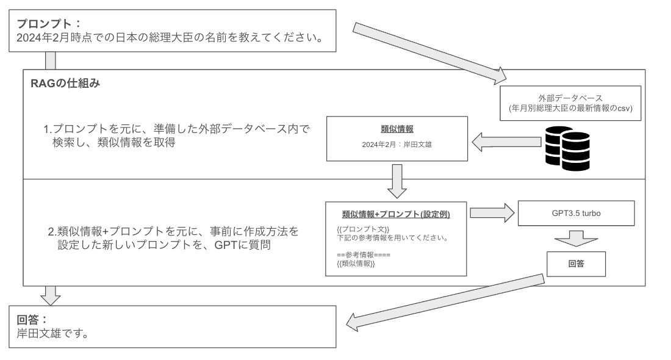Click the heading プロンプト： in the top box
[49, 24]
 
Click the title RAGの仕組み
[65, 83]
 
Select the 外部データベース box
[570, 103]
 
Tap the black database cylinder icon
[567, 148]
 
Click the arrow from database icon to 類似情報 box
[506, 142]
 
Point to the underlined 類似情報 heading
[397, 129]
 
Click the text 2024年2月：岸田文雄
[396, 145]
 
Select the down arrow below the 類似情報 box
[396, 181]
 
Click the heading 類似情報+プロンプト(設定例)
[396, 214]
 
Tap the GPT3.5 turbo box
[576, 213]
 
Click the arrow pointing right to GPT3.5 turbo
[492, 213]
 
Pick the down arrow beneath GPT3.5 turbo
[576, 239]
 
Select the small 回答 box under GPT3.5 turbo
[576, 264]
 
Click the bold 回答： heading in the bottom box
[32, 320]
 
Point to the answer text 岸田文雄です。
[52, 334]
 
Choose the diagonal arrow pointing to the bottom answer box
[445, 303]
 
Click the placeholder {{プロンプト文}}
[363, 229]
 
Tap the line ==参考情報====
[364, 255]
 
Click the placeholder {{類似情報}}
[356, 264]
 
